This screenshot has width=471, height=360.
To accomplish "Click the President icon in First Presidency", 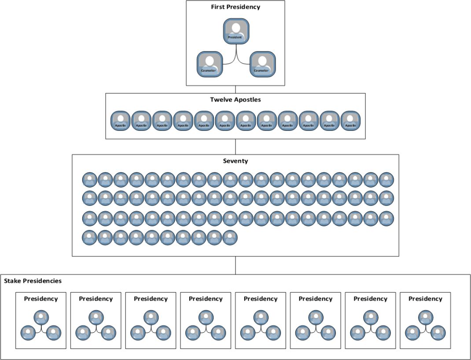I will point(236,31).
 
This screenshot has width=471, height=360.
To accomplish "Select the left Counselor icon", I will point(210,64).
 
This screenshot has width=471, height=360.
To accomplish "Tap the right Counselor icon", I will point(262,64).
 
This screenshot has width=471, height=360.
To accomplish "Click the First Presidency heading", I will point(235,7).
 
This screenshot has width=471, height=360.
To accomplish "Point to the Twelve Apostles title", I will point(235,100).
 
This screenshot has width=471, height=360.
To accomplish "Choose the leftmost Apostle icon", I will point(120,121).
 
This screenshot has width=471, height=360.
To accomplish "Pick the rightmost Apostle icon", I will point(350,121).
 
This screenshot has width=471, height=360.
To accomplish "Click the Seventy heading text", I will point(235,161).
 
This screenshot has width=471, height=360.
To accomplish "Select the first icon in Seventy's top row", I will point(90,180).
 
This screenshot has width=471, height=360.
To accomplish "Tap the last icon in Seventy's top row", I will point(386,180).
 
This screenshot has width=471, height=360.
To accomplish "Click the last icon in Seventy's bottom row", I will point(230,238).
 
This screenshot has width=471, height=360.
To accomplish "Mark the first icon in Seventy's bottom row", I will point(90,238).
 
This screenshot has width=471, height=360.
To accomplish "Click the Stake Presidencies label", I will point(33,281).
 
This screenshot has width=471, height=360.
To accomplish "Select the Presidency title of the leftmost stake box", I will point(40,299).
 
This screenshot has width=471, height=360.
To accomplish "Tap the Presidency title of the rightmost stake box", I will point(425,299).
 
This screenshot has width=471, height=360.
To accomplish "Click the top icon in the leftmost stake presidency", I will point(41,317).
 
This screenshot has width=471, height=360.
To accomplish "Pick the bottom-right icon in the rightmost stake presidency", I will point(438,332).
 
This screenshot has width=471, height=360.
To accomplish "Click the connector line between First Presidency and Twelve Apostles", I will point(235,89).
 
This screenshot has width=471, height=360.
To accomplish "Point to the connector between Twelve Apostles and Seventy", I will point(235,147).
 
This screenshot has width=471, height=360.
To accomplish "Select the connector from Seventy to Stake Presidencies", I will point(235,265).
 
